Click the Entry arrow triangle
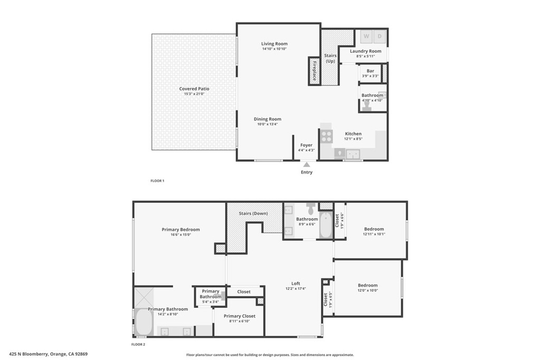[306, 164]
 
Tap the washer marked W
[367, 36]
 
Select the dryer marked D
[380, 36]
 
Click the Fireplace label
[314, 71]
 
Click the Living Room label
[274, 44]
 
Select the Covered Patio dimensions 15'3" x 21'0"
[194, 94]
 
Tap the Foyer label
[306, 145]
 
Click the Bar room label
[370, 71]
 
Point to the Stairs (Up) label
[330, 58]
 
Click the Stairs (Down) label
[253, 213]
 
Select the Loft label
[295, 284]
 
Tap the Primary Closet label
[239, 316]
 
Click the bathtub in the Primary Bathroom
[144, 322]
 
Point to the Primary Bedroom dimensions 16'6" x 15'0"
[180, 235]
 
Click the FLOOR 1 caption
[157, 181]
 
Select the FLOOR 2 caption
[139, 344]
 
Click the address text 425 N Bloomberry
[29, 354]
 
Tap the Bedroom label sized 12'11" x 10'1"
[374, 229]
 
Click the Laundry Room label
[365, 51]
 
